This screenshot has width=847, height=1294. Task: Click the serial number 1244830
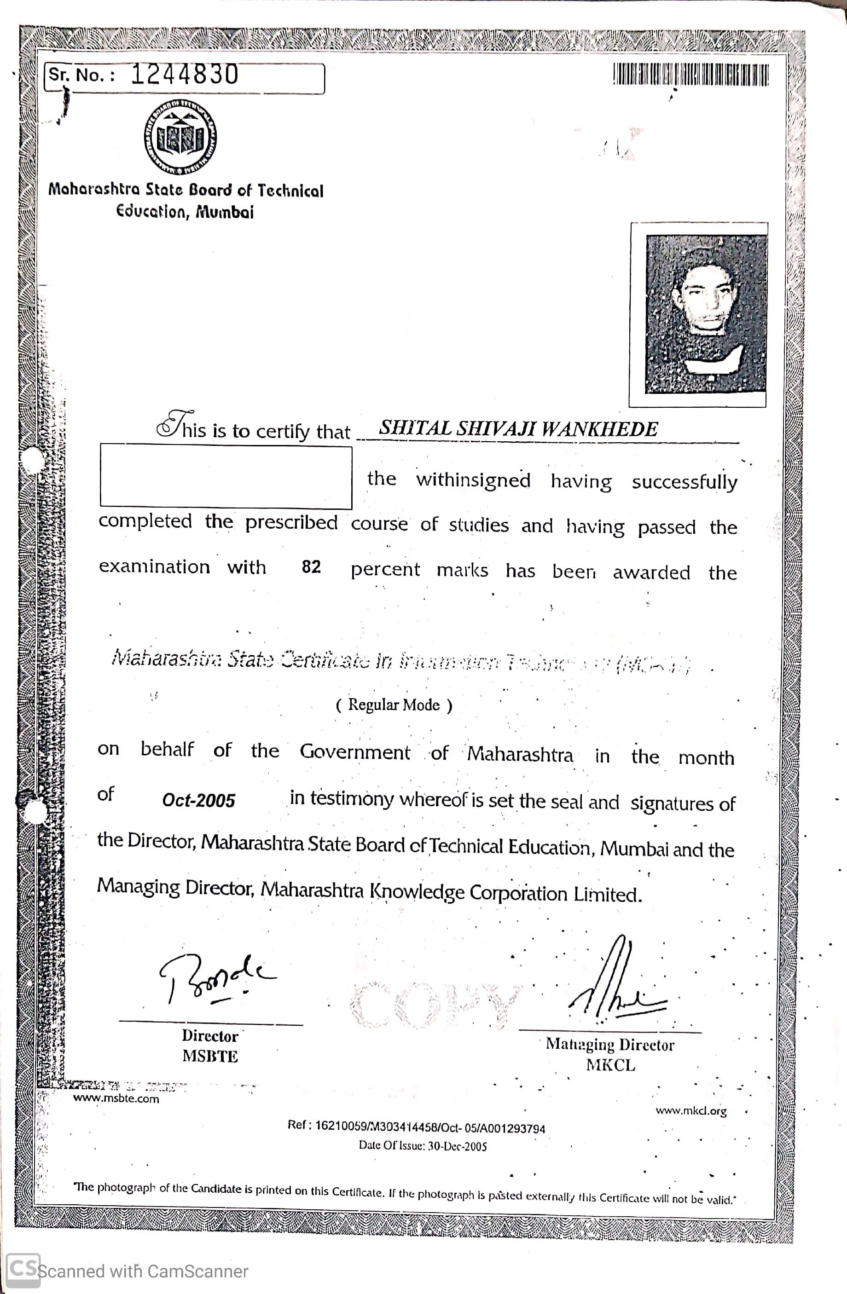(185, 75)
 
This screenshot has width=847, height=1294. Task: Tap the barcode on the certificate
(691, 75)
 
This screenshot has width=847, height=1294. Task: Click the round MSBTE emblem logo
(180, 137)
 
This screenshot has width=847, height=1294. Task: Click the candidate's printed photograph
(705, 314)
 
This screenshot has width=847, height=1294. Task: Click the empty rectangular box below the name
(226, 477)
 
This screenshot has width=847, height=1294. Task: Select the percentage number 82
(311, 567)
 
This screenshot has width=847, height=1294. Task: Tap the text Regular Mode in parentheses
(394, 705)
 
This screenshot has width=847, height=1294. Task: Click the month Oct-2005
(198, 800)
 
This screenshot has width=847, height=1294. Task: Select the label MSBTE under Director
(210, 1057)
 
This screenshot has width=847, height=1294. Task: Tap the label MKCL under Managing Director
(610, 1065)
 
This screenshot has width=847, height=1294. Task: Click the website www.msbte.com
(116, 1098)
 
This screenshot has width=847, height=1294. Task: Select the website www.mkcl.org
(691, 1110)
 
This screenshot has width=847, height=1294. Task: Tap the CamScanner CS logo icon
(23, 1271)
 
